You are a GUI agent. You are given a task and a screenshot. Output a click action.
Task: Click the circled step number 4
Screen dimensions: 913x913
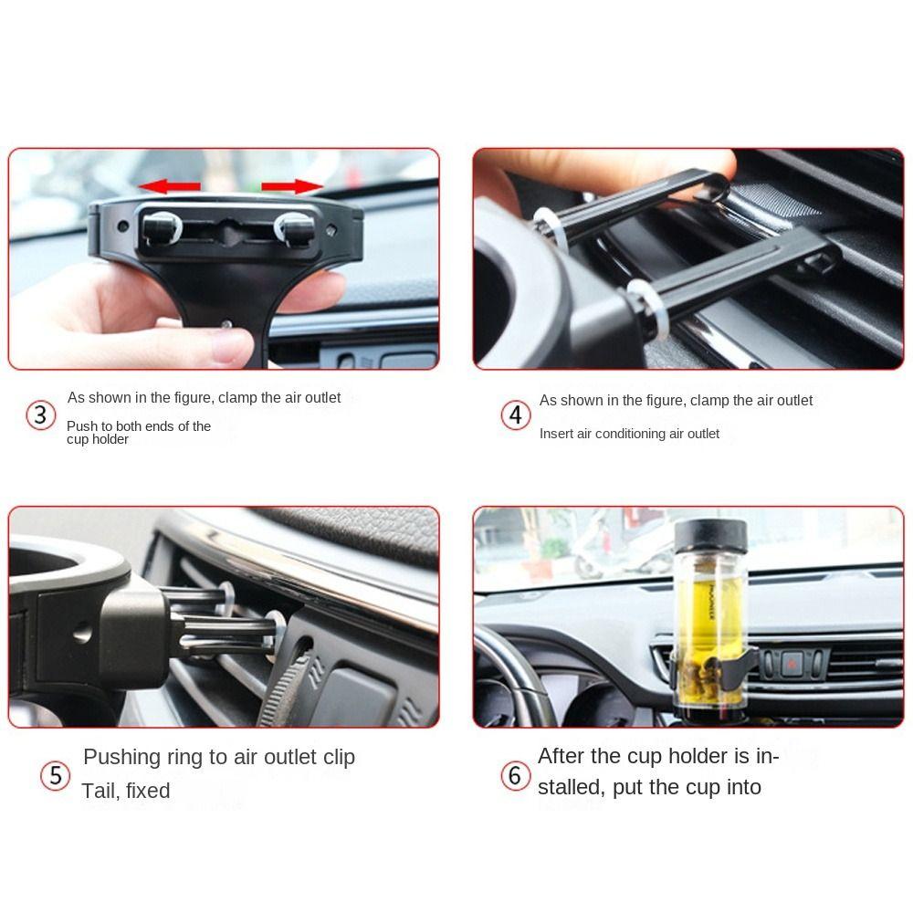tap(516, 415)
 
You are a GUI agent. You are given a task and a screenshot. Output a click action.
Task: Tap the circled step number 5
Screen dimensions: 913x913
tap(56, 776)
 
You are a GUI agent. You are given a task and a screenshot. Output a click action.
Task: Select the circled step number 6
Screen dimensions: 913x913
tap(515, 776)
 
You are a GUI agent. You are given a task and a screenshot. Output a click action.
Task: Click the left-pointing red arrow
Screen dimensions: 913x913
tap(170, 187)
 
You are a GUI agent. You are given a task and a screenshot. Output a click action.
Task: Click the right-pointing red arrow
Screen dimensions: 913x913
tap(293, 187)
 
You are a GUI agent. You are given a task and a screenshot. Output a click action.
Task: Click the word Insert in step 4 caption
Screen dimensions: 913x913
tap(556, 434)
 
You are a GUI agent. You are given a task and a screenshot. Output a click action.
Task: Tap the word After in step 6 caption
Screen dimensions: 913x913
tap(561, 756)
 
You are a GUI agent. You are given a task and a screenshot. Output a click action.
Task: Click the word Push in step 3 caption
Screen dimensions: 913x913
tap(80, 426)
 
